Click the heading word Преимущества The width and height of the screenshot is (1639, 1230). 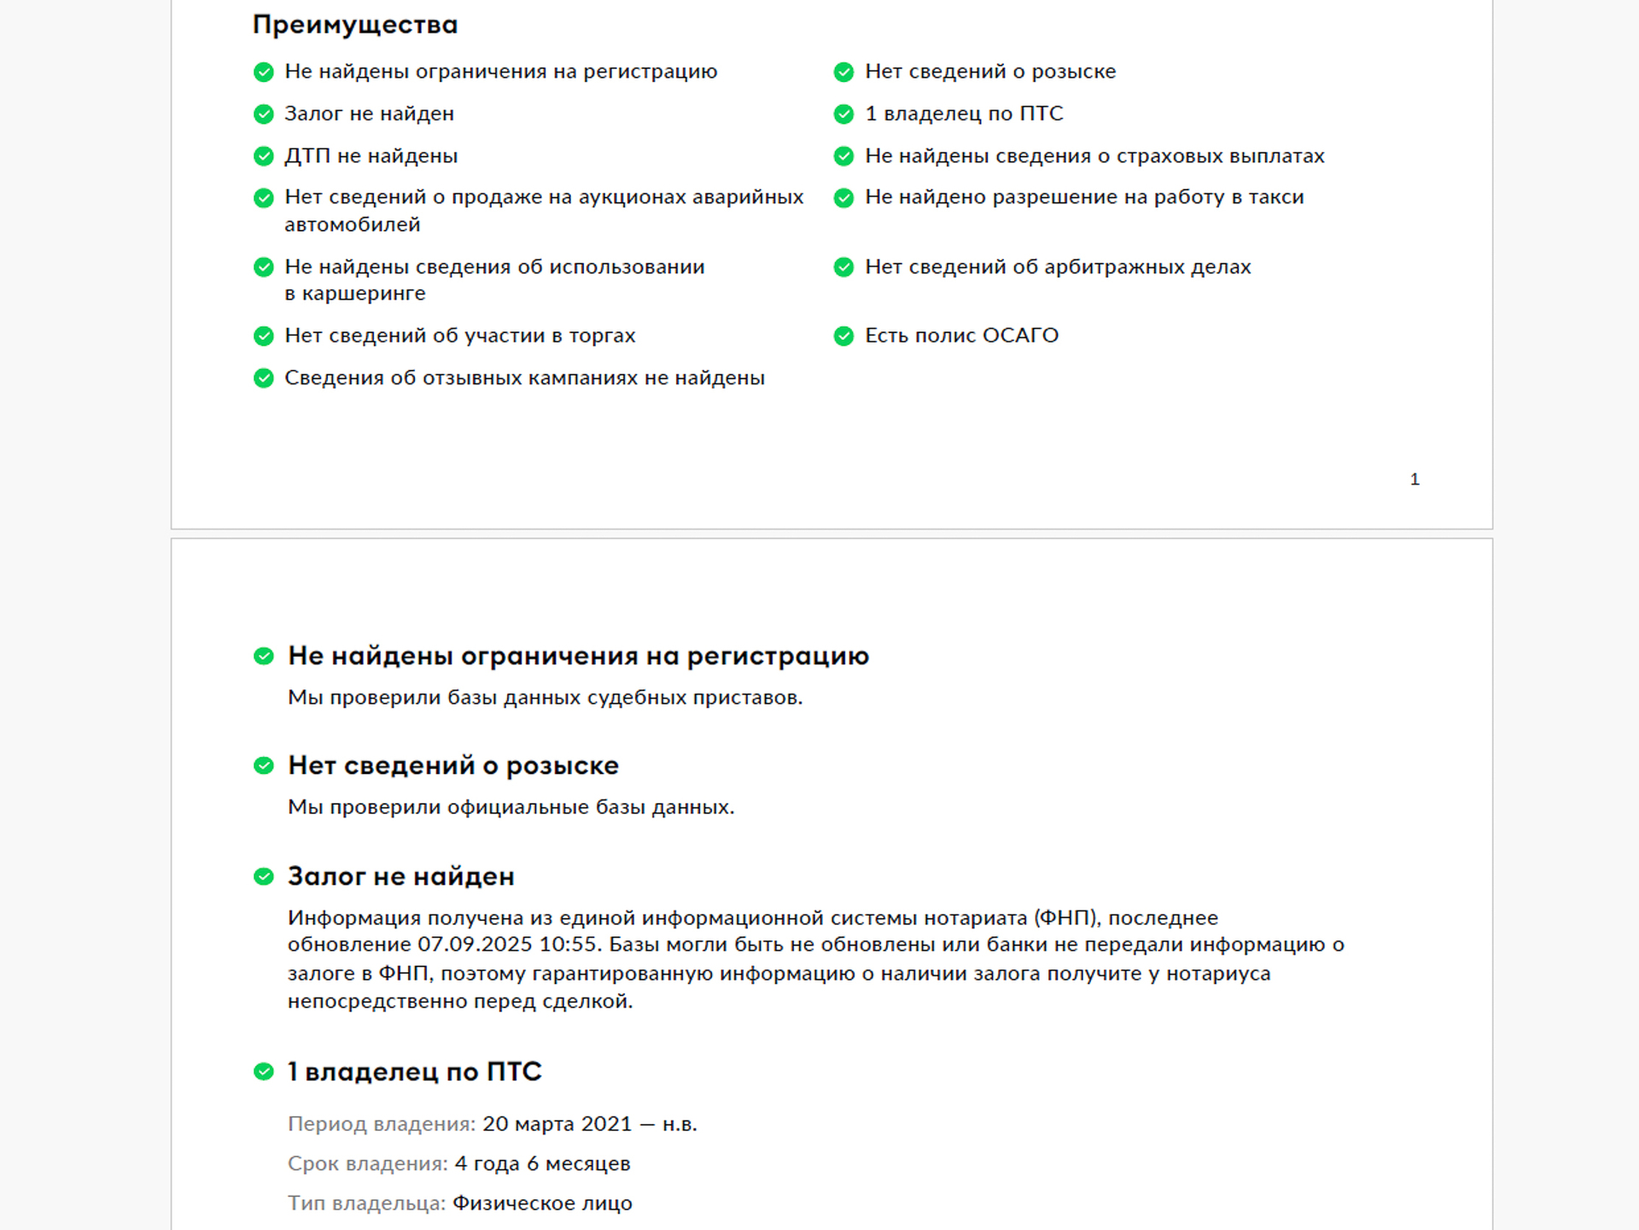click(x=355, y=25)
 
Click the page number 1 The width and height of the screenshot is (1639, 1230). click(x=1414, y=479)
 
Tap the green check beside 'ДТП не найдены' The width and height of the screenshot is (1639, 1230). click(x=264, y=156)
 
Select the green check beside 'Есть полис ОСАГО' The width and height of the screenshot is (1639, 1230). click(x=843, y=336)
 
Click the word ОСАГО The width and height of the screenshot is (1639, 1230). click(x=1020, y=336)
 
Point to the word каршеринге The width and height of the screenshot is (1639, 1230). click(x=364, y=293)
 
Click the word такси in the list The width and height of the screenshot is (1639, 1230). click(x=1276, y=197)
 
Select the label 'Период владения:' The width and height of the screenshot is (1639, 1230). click(x=382, y=1124)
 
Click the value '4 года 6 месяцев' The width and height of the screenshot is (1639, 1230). click(x=542, y=1163)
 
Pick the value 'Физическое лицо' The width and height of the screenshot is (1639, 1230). click(x=542, y=1204)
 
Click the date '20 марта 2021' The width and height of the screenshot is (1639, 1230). click(x=557, y=1124)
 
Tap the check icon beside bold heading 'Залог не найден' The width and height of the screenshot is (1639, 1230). click(x=264, y=876)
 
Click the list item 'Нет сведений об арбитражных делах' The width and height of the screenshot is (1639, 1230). click(x=1058, y=267)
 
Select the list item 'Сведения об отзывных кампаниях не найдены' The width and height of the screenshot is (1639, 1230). click(x=524, y=378)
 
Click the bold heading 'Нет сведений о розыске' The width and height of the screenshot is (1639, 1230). click(x=453, y=766)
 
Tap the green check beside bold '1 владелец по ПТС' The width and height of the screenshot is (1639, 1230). click(x=264, y=1071)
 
